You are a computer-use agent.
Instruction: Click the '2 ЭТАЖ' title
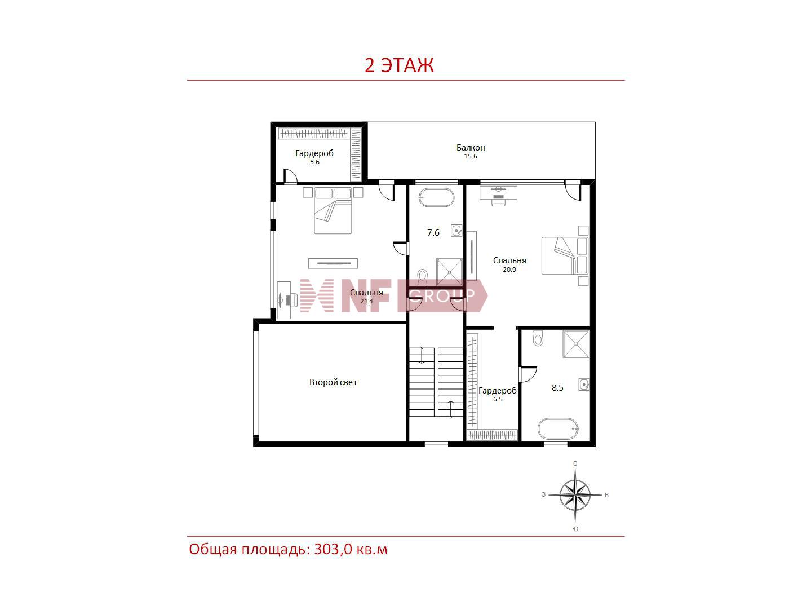point(399,65)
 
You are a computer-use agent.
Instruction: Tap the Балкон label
point(471,147)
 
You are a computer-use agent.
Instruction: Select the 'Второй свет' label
point(333,382)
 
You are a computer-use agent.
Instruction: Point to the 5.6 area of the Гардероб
point(314,162)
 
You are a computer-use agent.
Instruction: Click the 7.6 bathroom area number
point(433,232)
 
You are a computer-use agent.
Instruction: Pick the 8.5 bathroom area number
point(557,387)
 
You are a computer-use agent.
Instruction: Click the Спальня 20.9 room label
point(509,264)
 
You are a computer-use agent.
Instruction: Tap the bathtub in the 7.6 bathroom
point(436,198)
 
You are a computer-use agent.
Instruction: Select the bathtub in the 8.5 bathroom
point(558,428)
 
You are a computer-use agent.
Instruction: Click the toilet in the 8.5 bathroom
point(538,338)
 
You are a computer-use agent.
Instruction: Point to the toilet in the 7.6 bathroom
point(423,276)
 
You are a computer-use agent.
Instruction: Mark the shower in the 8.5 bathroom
point(576,344)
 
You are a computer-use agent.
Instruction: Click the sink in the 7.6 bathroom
point(456,231)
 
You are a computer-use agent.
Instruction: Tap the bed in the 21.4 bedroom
point(333,211)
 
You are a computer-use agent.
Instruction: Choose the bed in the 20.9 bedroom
point(565,255)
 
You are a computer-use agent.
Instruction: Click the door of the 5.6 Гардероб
point(290,176)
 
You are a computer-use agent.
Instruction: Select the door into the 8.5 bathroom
point(528,374)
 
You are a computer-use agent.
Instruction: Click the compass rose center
point(575,495)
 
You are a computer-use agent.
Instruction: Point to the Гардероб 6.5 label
point(498,394)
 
